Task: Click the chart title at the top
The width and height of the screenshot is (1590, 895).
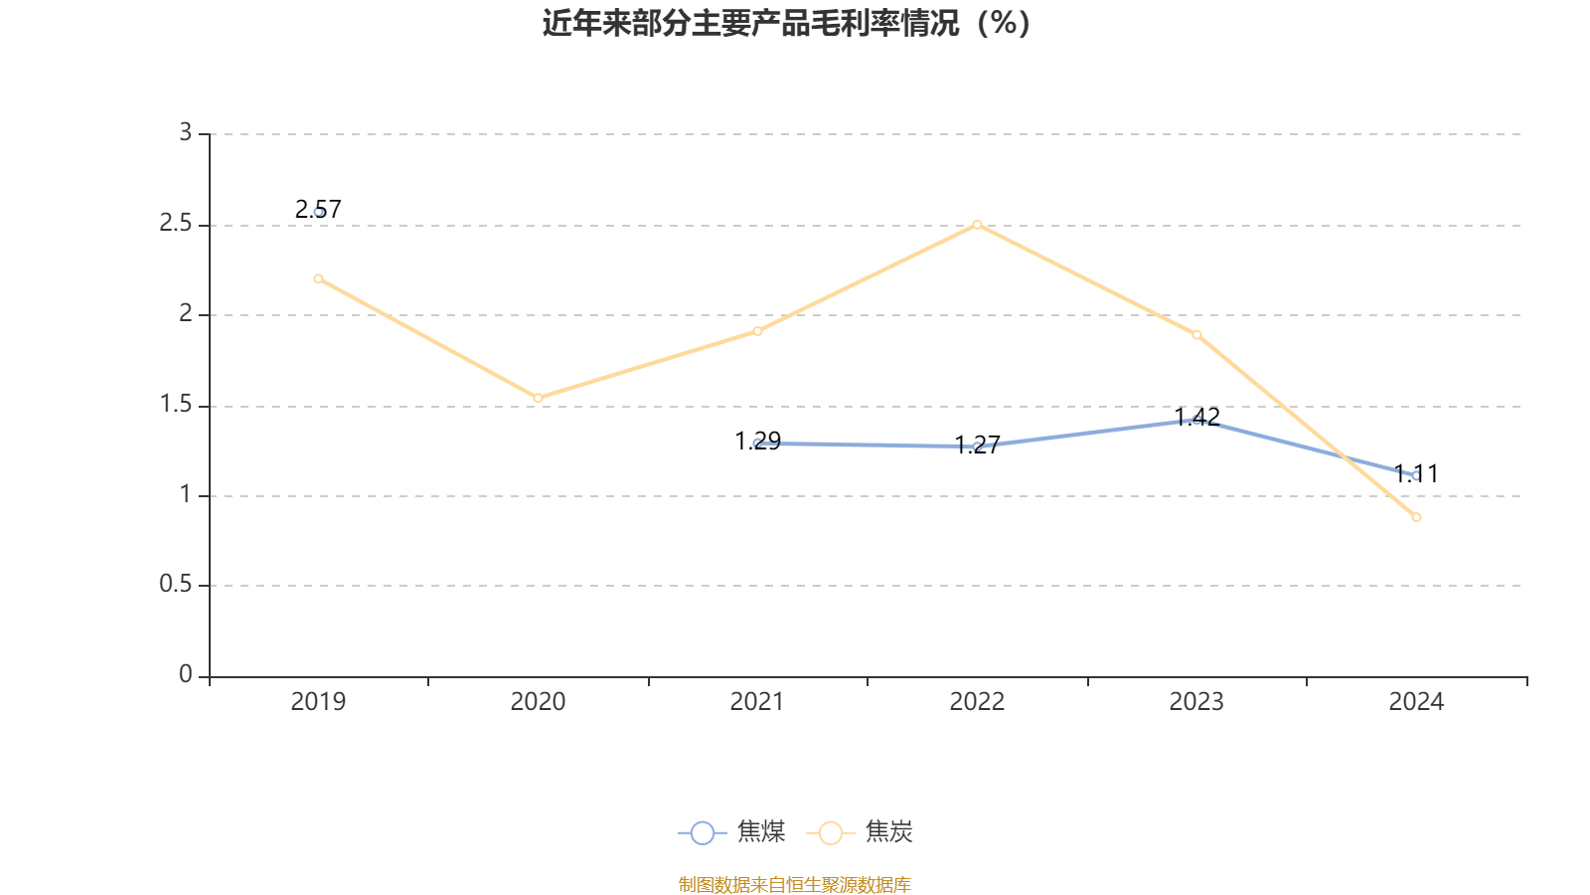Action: tap(786, 23)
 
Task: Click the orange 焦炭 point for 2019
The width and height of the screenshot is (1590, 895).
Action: tap(318, 278)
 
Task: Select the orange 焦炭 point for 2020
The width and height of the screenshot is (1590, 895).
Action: tap(538, 398)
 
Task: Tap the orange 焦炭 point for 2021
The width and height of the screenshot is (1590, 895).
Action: tap(757, 330)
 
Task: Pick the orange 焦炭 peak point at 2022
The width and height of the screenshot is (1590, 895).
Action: tap(977, 224)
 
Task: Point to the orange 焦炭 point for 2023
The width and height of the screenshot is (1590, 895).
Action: tap(1196, 334)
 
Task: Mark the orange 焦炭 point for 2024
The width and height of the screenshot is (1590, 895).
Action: tap(1416, 517)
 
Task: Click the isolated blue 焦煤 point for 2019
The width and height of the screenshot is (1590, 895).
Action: tap(318, 212)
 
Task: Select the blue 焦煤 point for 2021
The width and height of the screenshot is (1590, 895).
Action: tap(757, 443)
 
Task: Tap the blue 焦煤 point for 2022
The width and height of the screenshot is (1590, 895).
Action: tap(977, 447)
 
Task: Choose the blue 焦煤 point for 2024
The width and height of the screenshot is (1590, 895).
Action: tap(1416, 475)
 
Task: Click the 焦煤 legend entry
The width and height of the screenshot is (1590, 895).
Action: tap(733, 832)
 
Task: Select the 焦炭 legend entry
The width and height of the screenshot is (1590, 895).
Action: tap(862, 832)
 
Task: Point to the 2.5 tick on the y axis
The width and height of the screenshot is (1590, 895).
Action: tap(176, 224)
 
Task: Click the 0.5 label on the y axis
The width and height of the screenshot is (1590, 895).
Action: tap(176, 585)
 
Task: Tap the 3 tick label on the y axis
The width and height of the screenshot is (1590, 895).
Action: tap(186, 132)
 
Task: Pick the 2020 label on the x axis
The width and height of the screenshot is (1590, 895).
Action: tap(538, 702)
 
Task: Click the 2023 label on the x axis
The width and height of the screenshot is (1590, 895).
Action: tap(1196, 702)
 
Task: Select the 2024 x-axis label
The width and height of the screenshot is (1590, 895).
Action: tap(1416, 702)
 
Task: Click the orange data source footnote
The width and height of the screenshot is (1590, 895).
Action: tap(795, 884)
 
